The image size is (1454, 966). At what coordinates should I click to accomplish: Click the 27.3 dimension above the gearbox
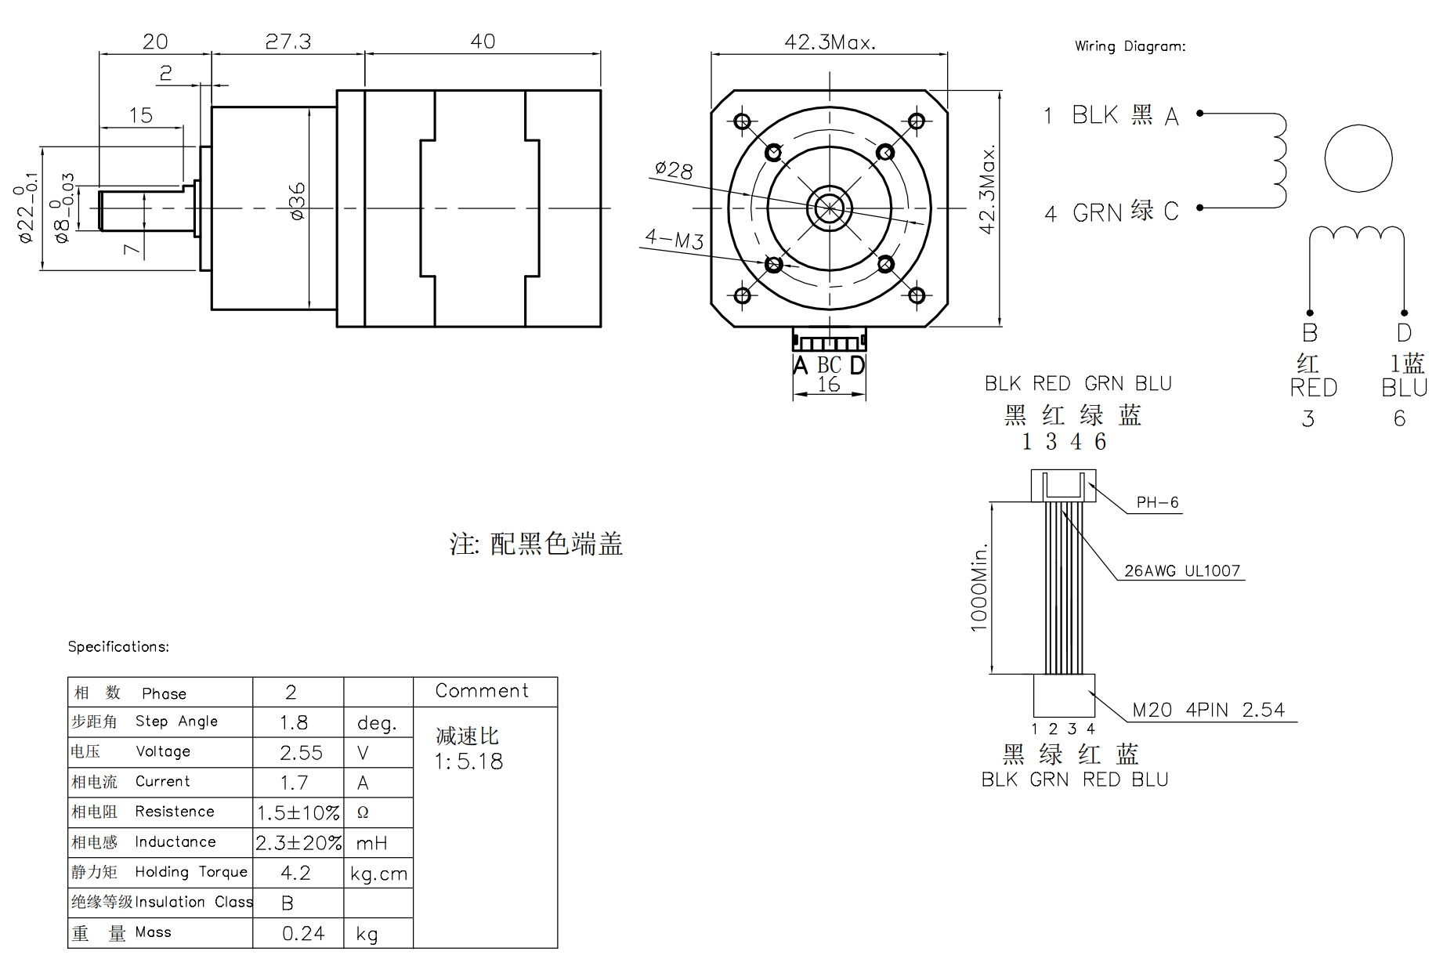pyautogui.click(x=288, y=42)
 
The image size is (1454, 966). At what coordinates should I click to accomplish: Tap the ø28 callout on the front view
pyautogui.click(x=674, y=169)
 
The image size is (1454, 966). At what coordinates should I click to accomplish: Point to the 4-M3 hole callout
pyautogui.click(x=674, y=238)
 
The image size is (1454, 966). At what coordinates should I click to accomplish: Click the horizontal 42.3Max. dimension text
pyautogui.click(x=830, y=42)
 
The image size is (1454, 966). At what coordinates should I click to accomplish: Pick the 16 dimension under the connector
pyautogui.click(x=828, y=385)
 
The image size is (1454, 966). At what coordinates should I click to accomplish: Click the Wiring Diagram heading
pyautogui.click(x=1130, y=46)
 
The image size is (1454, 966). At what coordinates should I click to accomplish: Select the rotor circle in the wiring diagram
pyautogui.click(x=1358, y=158)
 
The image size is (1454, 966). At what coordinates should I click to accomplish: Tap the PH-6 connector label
pyautogui.click(x=1157, y=503)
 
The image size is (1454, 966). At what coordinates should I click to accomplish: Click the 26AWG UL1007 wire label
pyautogui.click(x=1182, y=571)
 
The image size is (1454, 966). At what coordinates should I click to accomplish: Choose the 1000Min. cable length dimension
pyautogui.click(x=979, y=587)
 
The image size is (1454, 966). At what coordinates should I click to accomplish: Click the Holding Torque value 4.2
pyautogui.click(x=295, y=873)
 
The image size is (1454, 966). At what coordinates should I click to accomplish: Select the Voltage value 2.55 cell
pyautogui.click(x=301, y=753)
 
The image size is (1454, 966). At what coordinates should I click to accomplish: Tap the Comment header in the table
pyautogui.click(x=482, y=691)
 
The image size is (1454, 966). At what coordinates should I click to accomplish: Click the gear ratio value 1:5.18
pyautogui.click(x=468, y=762)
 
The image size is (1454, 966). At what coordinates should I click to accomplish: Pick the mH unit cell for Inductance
pyautogui.click(x=371, y=843)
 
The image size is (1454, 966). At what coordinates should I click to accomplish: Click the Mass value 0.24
pyautogui.click(x=303, y=933)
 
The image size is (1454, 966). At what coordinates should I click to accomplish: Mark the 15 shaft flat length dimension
pyautogui.click(x=140, y=116)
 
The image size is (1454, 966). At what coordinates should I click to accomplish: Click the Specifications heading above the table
pyautogui.click(x=118, y=646)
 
